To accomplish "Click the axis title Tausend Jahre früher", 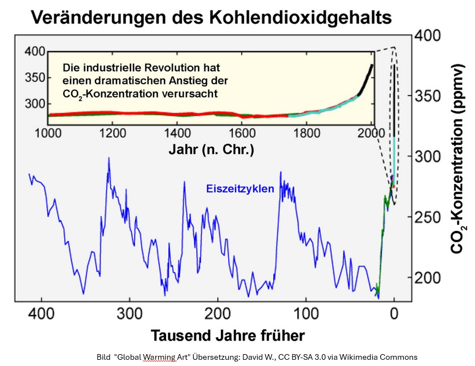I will [228, 335].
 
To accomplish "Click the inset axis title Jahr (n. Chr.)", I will [211, 150].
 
